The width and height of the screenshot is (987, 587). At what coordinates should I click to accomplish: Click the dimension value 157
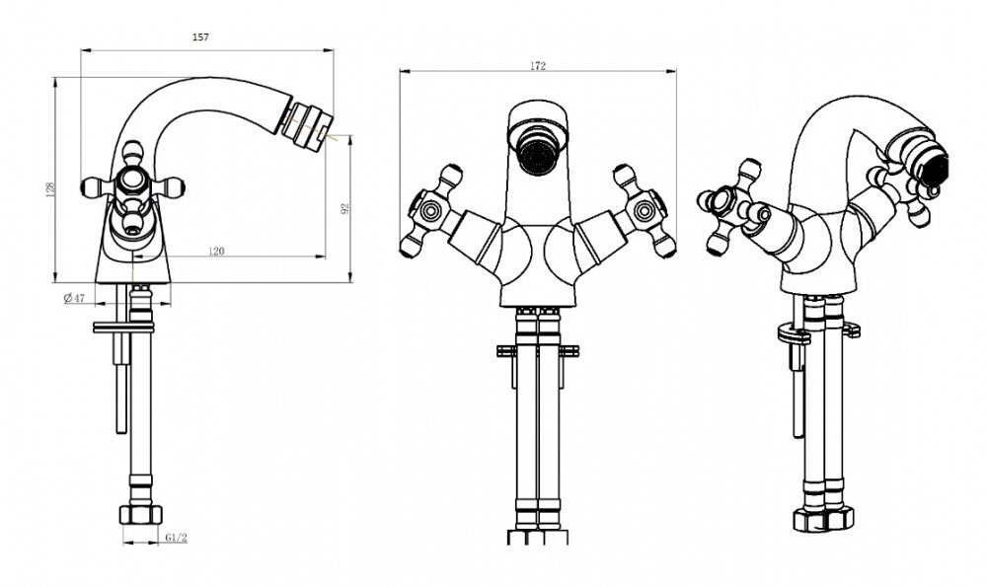click(200, 37)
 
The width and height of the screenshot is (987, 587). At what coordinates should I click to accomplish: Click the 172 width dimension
click(538, 66)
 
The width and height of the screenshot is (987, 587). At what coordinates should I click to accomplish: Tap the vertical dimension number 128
click(51, 188)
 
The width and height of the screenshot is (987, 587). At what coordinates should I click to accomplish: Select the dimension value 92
click(344, 208)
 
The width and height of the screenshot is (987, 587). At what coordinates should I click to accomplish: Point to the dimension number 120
click(216, 252)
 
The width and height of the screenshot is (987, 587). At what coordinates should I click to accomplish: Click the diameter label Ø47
click(74, 298)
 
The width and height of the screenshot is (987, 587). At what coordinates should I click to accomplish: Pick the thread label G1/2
click(177, 538)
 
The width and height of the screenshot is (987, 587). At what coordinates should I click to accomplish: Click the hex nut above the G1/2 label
click(140, 514)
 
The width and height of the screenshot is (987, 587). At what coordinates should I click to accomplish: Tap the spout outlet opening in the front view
click(537, 152)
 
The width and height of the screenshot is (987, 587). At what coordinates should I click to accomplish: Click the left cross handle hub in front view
click(430, 211)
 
